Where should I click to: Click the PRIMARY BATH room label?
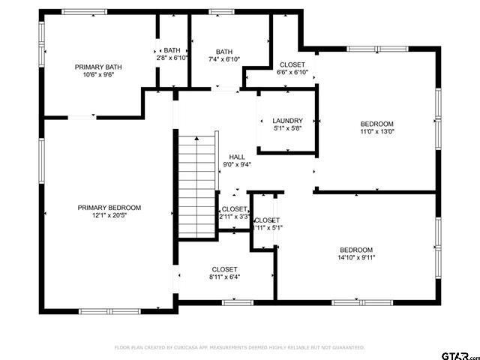(x=98, y=67)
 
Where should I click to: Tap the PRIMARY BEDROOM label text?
(x=109, y=208)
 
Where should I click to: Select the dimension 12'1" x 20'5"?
(x=109, y=216)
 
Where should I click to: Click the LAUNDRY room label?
(x=287, y=120)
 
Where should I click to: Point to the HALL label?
(x=237, y=157)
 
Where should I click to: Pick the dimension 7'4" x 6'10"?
(x=224, y=59)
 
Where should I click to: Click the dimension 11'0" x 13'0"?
(x=377, y=132)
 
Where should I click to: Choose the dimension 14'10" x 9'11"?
(x=356, y=258)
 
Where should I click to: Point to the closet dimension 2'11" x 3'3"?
(x=234, y=217)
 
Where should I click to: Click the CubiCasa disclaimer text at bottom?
(x=239, y=348)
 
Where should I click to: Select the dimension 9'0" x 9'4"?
(x=237, y=165)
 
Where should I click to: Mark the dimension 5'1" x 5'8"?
(x=287, y=128)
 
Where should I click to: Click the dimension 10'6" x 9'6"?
(x=98, y=75)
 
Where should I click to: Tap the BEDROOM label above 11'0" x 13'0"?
(x=377, y=124)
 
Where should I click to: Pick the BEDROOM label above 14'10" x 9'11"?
(x=356, y=250)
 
